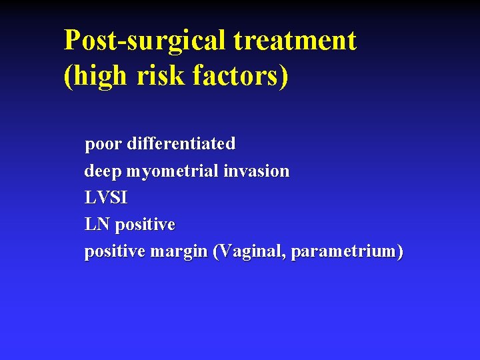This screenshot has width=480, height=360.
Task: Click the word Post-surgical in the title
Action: [x=145, y=41]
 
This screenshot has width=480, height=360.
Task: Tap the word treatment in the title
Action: [x=295, y=41]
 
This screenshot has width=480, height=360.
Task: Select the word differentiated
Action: [x=181, y=143]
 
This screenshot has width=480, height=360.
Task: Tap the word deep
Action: [x=103, y=171]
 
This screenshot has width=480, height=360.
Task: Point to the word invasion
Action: [x=257, y=171]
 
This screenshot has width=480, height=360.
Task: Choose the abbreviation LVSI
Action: [x=106, y=198]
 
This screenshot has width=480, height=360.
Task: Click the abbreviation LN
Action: [x=97, y=225]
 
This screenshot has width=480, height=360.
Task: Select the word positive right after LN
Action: [x=145, y=225]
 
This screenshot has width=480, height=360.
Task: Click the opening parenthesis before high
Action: [x=67, y=76]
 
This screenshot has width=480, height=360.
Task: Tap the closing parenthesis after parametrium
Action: [x=400, y=253]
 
